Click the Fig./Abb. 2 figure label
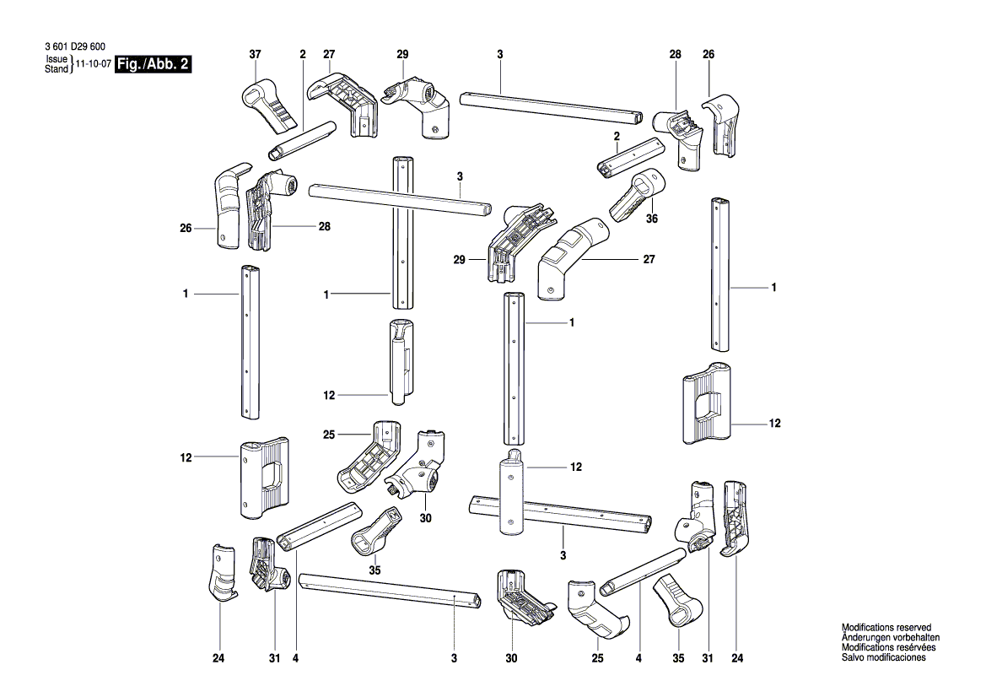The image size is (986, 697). tap(153, 65)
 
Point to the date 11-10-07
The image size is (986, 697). tap(93, 65)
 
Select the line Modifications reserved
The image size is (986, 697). tap(886, 628)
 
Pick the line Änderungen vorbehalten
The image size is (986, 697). tap(891, 638)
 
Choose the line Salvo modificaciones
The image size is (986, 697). tap(884, 657)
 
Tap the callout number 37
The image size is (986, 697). tap(255, 55)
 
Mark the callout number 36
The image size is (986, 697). tap(652, 218)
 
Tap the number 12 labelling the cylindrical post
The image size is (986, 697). tap(576, 467)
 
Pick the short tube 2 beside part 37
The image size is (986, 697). tap(302, 140)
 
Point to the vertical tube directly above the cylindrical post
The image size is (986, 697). tap(515, 367)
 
